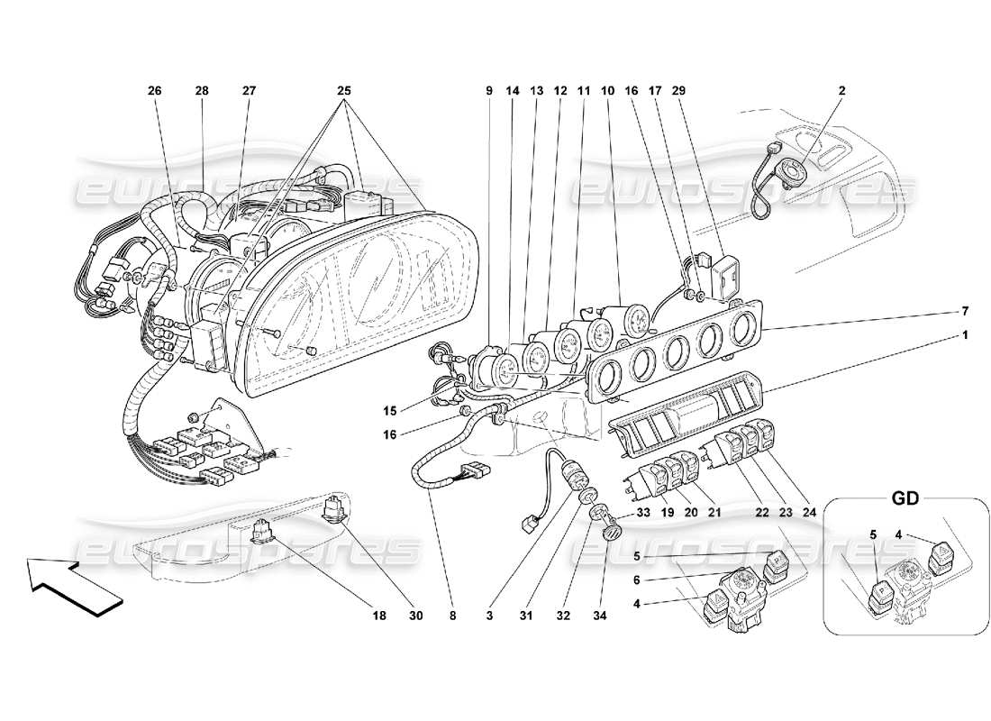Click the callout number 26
pyautogui.click(x=155, y=91)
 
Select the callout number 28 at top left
pyautogui.click(x=201, y=91)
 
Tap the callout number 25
pyautogui.click(x=344, y=91)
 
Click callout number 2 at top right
pyautogui.click(x=842, y=91)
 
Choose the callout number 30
pyautogui.click(x=414, y=616)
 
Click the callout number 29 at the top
pyautogui.click(x=678, y=91)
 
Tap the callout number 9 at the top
pyautogui.click(x=489, y=91)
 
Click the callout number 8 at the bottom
pyautogui.click(x=452, y=616)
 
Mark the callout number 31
pyautogui.click(x=526, y=616)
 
